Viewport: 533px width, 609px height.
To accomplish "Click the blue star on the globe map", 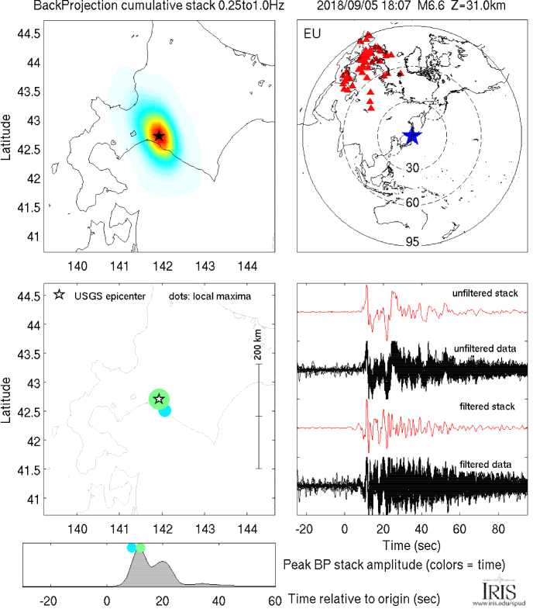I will (x=412, y=137).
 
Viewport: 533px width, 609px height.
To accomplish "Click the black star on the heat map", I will (x=159, y=137).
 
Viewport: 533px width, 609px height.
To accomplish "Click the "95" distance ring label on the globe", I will (x=412, y=242).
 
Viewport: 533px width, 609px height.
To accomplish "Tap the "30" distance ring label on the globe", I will (x=412, y=168).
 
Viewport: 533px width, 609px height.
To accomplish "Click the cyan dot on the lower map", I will (x=165, y=410).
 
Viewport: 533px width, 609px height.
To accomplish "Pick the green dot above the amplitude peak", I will (x=140, y=548).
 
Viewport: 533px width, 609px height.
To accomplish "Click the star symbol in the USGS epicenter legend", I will (x=60, y=296).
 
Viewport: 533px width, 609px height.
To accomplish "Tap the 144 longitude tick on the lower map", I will (x=247, y=528).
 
